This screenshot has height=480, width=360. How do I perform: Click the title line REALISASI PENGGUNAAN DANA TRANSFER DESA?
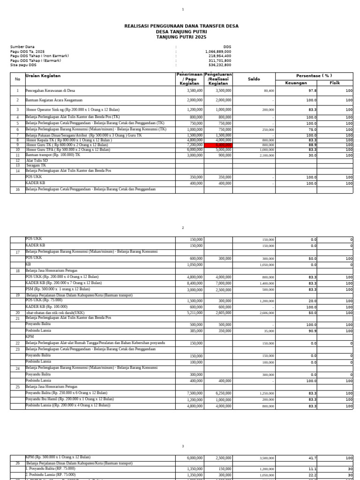(x=181, y=26)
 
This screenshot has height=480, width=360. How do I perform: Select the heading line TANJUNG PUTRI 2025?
(x=181, y=37)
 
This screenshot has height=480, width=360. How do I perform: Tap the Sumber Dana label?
(x=22, y=47)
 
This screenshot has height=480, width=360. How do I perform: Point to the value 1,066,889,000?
(x=218, y=52)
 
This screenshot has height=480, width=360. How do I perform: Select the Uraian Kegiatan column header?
(x=43, y=75)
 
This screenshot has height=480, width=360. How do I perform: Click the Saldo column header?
(x=254, y=79)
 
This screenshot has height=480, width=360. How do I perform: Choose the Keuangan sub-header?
(x=296, y=83)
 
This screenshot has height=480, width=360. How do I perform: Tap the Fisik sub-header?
(x=335, y=83)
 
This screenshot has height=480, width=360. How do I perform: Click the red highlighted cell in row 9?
(x=218, y=145)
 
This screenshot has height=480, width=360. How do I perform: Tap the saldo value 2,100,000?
(x=266, y=155)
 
